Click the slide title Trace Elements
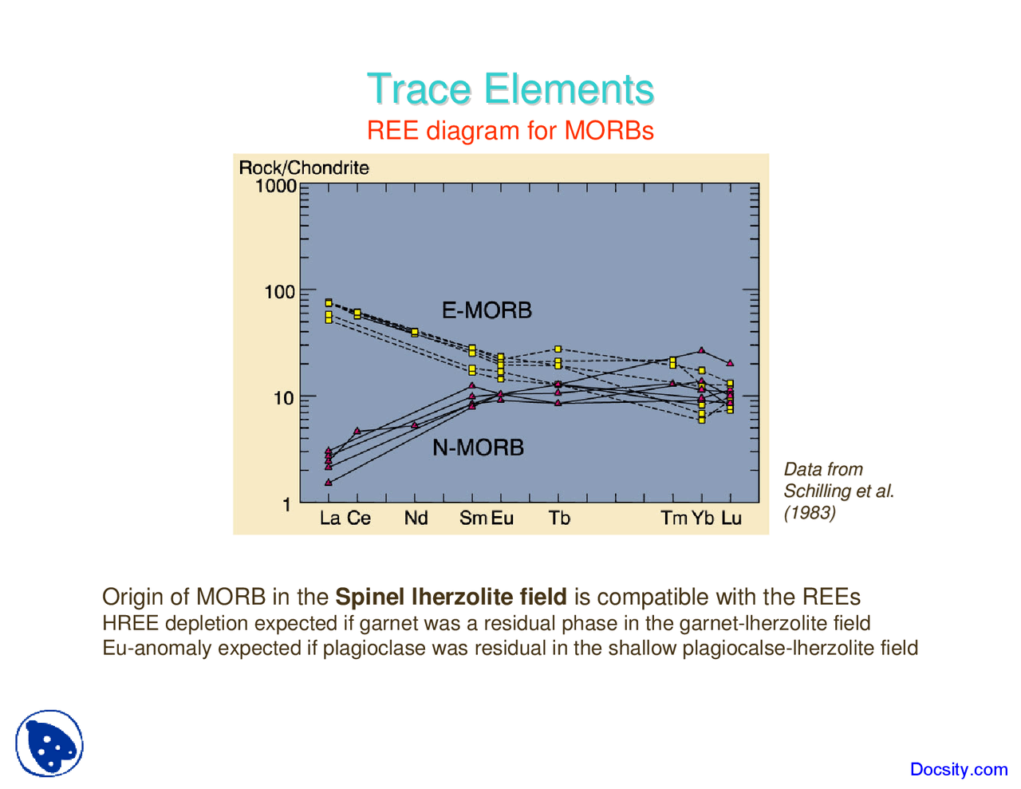pyautogui.click(x=510, y=89)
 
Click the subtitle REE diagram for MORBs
pyautogui.click(x=510, y=130)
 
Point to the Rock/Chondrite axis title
pyautogui.click(x=304, y=168)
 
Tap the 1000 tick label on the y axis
pyautogui.click(x=276, y=186)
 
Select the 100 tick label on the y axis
pyautogui.click(x=280, y=292)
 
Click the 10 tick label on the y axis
pyautogui.click(x=284, y=398)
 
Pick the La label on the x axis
pyautogui.click(x=329, y=519)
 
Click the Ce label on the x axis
pyautogui.click(x=359, y=519)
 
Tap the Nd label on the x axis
pyautogui.click(x=416, y=519)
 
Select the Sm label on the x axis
pyautogui.click(x=472, y=519)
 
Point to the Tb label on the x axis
pyautogui.click(x=559, y=519)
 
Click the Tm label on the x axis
pyautogui.click(x=673, y=519)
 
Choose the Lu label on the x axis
pyautogui.click(x=731, y=519)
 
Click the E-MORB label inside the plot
pyautogui.click(x=487, y=310)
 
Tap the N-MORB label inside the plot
pyautogui.click(x=478, y=448)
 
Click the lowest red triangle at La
pyautogui.click(x=329, y=483)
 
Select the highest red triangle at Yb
pyautogui.click(x=702, y=350)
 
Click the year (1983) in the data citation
pyautogui.click(x=810, y=513)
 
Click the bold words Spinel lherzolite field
pyautogui.click(x=451, y=597)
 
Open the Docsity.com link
pyautogui.click(x=959, y=769)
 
